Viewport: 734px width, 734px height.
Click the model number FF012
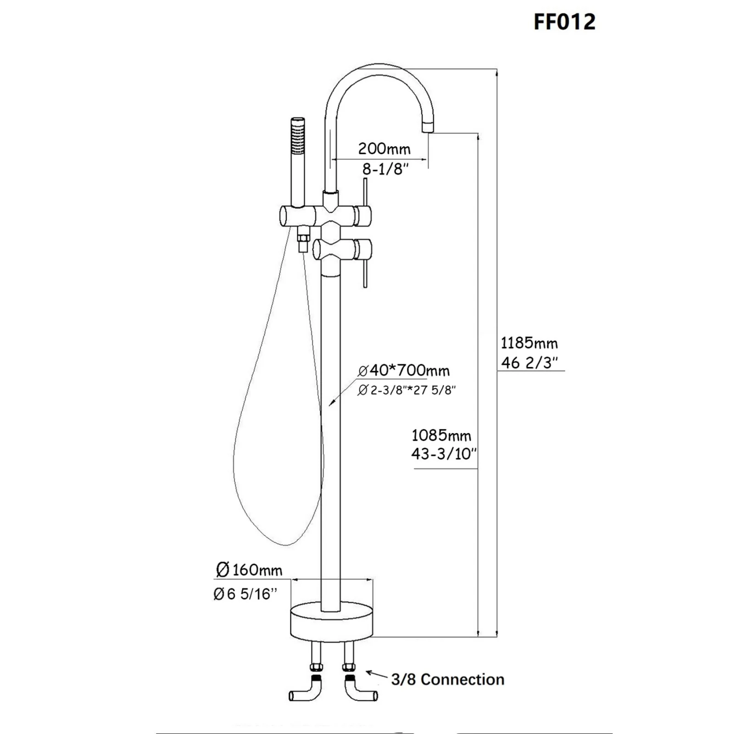pos(564,22)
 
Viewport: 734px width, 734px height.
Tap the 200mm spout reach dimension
pos(384,149)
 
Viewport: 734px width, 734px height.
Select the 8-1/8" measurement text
pos(385,169)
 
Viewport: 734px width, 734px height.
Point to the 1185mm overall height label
pos(529,343)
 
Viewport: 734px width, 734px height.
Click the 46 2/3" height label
pos(529,362)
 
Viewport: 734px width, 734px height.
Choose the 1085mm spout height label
pos(441,435)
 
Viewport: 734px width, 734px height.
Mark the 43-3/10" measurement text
pos(444,454)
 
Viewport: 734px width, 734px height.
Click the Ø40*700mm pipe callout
pos(404,370)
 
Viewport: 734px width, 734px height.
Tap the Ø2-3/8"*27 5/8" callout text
pos(406,390)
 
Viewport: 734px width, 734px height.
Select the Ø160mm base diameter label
pos(249,570)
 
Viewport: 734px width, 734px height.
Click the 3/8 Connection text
pos(447,679)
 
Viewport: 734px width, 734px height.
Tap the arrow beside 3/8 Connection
pos(376,675)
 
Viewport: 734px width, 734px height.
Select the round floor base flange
pos(331,623)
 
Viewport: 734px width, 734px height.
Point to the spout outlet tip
pos(428,126)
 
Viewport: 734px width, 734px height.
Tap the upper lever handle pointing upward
pos(365,193)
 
